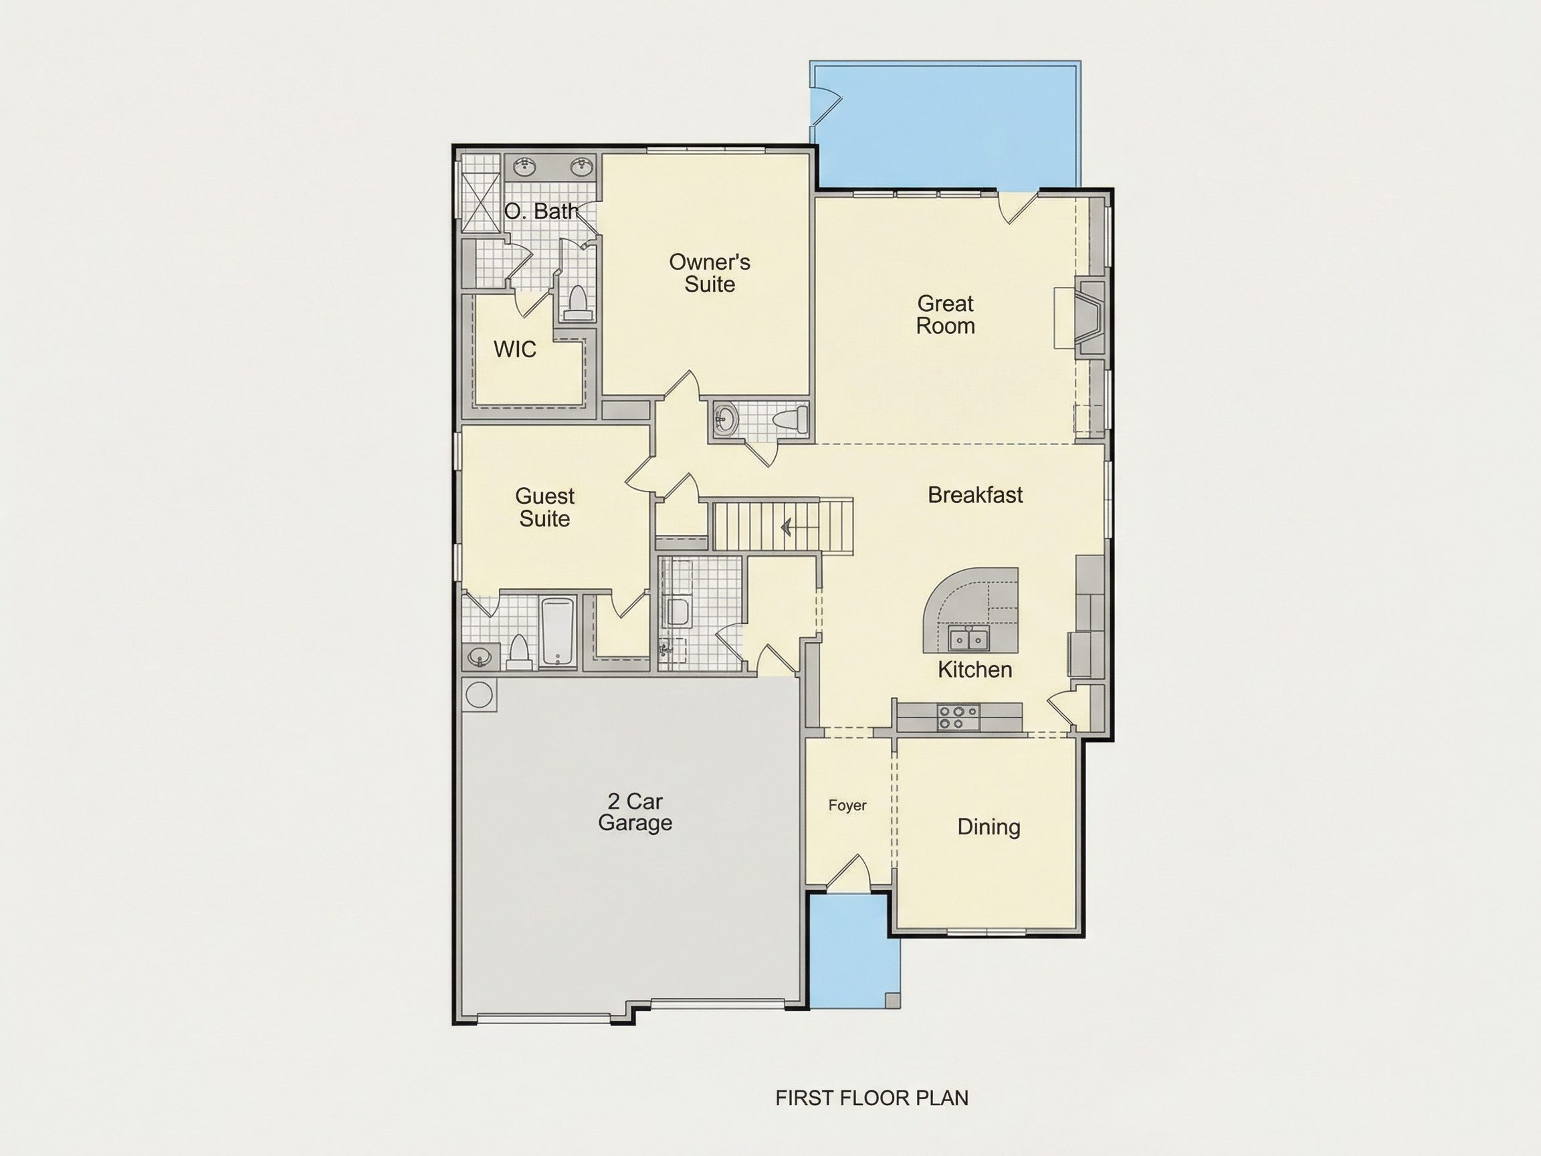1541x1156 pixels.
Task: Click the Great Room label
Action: point(945,314)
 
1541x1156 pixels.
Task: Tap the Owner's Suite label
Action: point(709,272)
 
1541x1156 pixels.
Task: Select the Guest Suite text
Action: point(545,507)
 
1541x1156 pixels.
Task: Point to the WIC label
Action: point(515,349)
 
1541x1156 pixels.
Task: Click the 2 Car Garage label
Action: point(635,811)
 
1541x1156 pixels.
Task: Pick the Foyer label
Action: point(847,805)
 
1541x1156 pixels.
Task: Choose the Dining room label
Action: point(989,827)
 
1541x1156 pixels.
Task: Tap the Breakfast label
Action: point(975,495)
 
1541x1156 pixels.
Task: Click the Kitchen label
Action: point(974,670)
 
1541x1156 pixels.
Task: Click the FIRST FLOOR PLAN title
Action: point(871,1098)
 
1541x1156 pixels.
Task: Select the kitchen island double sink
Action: point(968,638)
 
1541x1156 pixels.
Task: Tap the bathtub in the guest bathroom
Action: point(558,632)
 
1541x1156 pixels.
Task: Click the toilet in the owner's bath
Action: point(577,304)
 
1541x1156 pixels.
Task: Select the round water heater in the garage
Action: point(479,694)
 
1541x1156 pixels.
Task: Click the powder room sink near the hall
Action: point(726,420)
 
